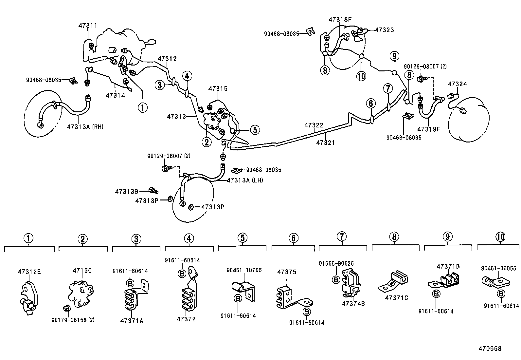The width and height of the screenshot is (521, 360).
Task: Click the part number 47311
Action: [x=88, y=25]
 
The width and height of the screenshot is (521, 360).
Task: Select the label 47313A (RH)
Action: [x=85, y=127]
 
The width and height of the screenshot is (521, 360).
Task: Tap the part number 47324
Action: [x=457, y=84]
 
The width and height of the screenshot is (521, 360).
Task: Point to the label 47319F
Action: [x=429, y=129]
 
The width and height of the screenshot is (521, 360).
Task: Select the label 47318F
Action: [x=340, y=19]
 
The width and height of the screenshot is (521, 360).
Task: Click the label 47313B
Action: [x=126, y=191]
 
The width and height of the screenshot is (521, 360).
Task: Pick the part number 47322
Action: [x=314, y=125]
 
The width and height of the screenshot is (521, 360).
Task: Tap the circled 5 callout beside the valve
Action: [x=255, y=130]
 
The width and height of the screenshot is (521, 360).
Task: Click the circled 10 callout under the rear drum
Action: [x=362, y=76]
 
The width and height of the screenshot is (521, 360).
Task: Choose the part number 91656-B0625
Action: [x=336, y=263]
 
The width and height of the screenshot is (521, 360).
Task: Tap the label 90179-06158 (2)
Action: [x=73, y=320]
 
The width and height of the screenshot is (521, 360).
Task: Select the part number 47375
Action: [x=287, y=272]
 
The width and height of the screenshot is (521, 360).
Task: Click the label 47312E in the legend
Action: [x=29, y=272]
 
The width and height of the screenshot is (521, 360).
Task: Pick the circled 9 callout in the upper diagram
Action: [x=394, y=56]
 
